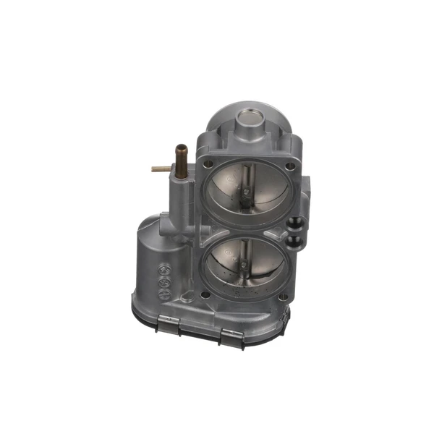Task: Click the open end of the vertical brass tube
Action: pos(180,148)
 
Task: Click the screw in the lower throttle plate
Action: pos(244,265)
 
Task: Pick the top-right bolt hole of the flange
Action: pos(290,166)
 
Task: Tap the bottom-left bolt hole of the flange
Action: pos(207,294)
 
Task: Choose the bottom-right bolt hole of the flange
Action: pos(284,295)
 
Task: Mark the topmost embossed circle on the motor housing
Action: pos(164,268)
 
